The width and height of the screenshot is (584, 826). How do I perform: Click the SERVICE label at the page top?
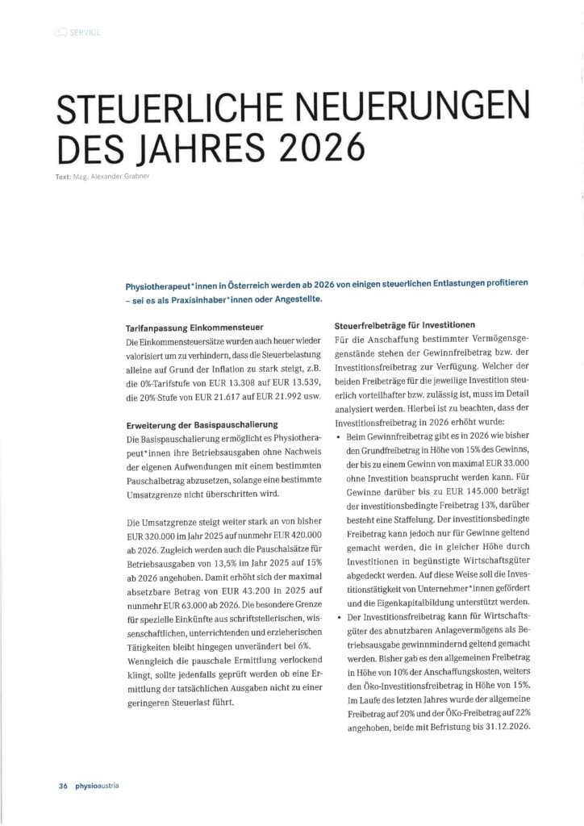point(86,32)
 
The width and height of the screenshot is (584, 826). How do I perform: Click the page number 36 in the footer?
point(62,785)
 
